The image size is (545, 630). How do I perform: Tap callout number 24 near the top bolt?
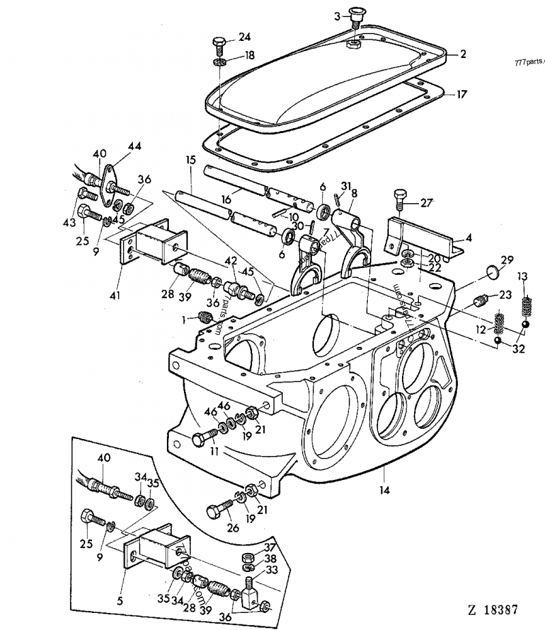[x=245, y=36]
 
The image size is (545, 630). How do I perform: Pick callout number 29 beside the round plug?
[x=507, y=260]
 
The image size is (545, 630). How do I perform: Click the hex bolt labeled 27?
[x=400, y=202]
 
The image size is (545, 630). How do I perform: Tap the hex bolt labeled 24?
[x=219, y=47]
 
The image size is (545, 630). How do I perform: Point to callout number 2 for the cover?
[x=463, y=54]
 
